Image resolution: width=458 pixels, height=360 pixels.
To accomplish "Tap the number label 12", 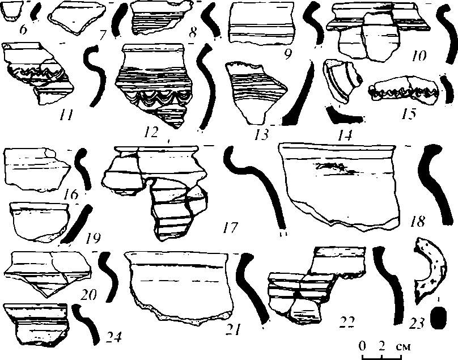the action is coord(151,133).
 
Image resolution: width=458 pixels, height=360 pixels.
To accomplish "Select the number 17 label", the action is coord(231,228).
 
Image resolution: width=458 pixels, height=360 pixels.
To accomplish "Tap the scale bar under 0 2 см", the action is coord(381,357).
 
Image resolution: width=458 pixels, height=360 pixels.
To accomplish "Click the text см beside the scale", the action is coord(402,345).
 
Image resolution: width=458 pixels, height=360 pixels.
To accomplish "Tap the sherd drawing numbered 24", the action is coord(35,323).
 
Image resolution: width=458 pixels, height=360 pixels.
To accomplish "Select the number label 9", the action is coord(288,54).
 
